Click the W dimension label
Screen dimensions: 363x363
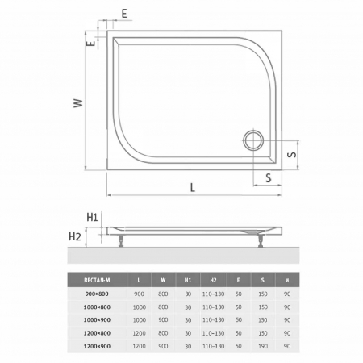(78, 103)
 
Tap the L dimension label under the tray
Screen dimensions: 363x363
(193, 187)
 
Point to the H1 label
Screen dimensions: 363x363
(92, 217)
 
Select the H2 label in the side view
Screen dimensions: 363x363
(75, 236)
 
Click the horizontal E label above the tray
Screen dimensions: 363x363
(124, 14)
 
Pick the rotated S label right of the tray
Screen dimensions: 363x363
(292, 154)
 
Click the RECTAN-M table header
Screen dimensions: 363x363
(97, 280)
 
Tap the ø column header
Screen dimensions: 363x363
(287, 280)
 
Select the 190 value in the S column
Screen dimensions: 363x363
(263, 346)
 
